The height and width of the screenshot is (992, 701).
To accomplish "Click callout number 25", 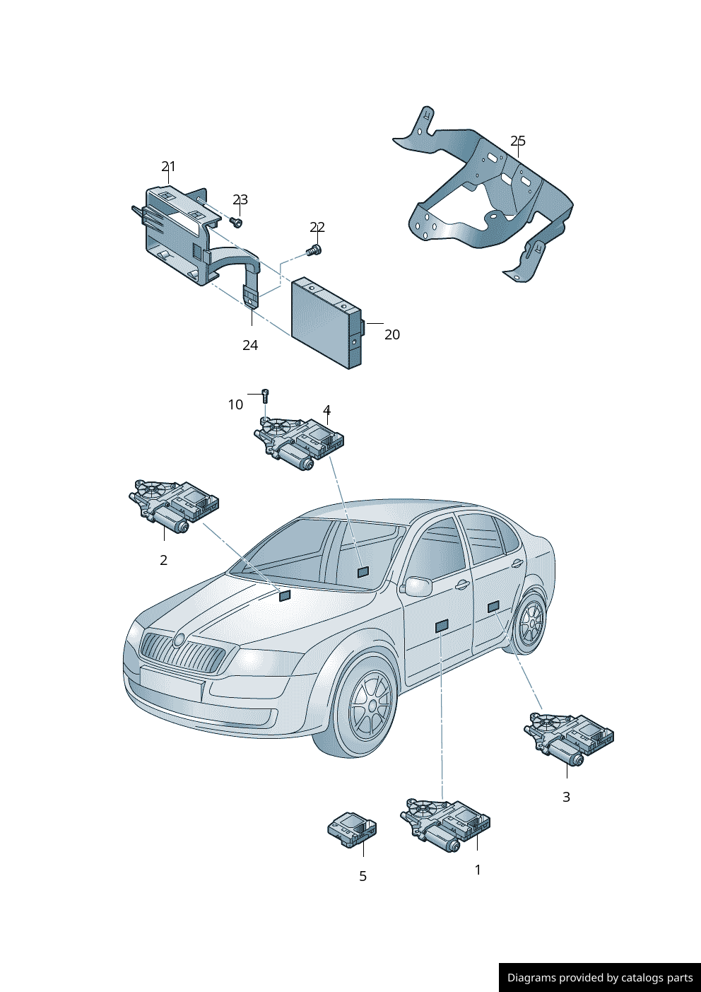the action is (518, 141).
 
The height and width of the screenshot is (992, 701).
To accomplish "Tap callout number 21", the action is (168, 167).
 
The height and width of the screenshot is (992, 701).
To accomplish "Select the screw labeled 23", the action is (237, 221).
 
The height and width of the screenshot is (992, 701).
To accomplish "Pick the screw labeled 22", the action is (314, 251).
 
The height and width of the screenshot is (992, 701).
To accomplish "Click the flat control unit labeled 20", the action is (326, 323).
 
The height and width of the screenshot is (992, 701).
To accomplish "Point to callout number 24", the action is (250, 345).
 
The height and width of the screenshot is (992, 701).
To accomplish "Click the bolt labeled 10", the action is (265, 395).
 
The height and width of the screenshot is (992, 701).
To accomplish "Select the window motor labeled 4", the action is (299, 443).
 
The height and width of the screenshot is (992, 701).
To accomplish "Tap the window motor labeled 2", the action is (174, 506).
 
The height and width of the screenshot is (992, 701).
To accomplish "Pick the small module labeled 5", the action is (352, 829).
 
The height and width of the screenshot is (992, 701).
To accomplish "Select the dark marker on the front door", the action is (442, 626).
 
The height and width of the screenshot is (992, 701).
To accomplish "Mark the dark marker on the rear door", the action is (493, 607).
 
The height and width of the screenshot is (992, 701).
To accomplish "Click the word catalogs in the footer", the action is (642, 977).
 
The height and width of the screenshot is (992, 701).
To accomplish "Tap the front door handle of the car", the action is (462, 585).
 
